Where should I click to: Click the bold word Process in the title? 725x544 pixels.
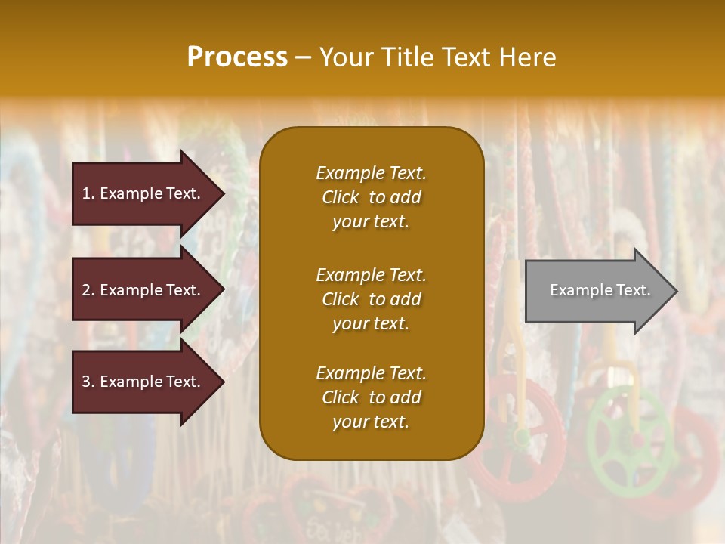[x=237, y=57]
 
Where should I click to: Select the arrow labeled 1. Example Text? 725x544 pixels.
[x=143, y=193]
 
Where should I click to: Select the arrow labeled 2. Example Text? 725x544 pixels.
[x=143, y=290]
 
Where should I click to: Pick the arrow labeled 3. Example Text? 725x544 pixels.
[x=143, y=382]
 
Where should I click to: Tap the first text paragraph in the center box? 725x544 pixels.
[x=371, y=197]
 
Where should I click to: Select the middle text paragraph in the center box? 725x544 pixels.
[x=371, y=299]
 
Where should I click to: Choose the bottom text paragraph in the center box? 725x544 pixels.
[x=371, y=397]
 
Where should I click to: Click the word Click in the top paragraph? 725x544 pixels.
[x=341, y=197]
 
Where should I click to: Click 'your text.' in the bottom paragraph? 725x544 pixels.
[x=371, y=422]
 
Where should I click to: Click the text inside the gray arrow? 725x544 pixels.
[x=600, y=290]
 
